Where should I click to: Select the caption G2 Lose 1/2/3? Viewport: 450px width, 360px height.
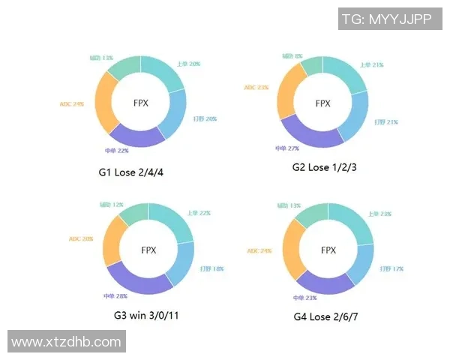324,166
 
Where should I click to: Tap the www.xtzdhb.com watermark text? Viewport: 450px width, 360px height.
66,342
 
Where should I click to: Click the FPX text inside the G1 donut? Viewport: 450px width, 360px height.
141,102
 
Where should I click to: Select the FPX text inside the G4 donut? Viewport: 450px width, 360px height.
328,250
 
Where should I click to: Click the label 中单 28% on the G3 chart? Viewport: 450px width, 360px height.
115,295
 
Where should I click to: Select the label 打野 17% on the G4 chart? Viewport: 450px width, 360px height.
389,268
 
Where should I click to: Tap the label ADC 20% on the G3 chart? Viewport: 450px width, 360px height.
82,239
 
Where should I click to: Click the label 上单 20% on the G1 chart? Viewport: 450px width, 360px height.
188,64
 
